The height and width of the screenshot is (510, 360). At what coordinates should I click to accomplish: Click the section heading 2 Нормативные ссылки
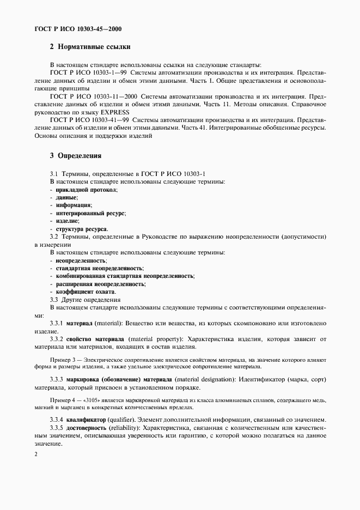tap(90, 47)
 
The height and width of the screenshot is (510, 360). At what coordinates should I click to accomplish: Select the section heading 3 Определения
tap(76, 155)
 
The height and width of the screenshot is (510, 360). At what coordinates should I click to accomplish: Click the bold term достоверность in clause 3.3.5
tap(89, 428)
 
